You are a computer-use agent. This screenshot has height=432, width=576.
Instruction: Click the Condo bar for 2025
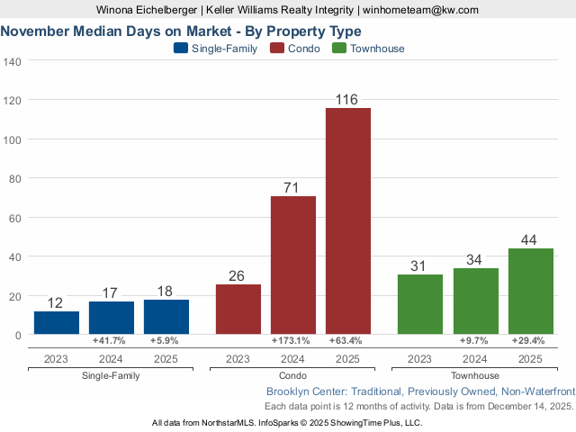(x=348, y=220)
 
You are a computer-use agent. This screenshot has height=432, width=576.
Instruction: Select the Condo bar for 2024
(x=293, y=265)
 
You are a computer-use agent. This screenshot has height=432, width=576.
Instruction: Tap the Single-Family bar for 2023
(x=57, y=322)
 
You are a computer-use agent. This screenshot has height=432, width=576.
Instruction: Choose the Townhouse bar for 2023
(x=419, y=303)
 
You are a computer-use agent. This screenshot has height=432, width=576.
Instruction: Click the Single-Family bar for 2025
(x=166, y=317)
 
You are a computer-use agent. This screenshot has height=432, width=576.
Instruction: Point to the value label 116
(x=347, y=99)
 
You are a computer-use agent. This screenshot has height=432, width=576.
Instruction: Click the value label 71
(x=293, y=187)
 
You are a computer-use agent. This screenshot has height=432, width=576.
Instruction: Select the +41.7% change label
(x=111, y=341)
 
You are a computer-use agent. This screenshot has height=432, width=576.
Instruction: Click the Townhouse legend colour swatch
(x=340, y=49)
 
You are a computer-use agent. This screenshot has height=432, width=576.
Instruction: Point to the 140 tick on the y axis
(x=13, y=61)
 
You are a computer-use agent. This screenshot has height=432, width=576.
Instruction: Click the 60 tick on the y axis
(x=15, y=217)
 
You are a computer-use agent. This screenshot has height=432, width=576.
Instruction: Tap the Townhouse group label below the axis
(x=475, y=375)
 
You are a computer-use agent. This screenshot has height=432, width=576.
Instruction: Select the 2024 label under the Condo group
(x=293, y=359)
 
